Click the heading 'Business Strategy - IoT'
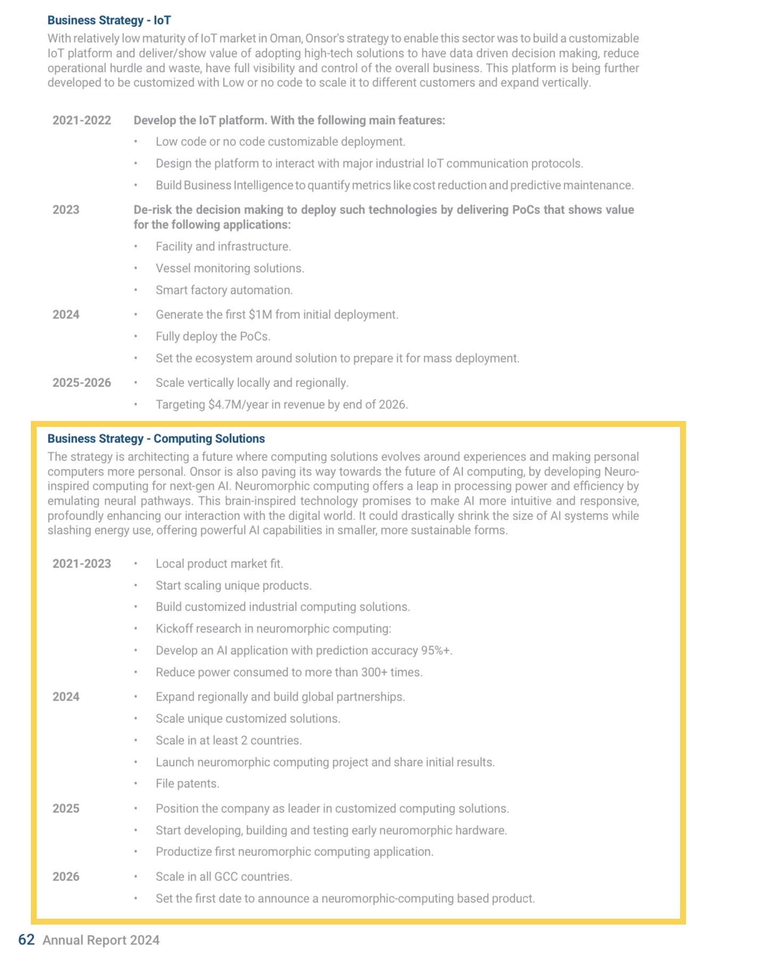tap(109, 21)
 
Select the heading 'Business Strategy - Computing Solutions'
tap(156, 439)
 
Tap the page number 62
tap(26, 940)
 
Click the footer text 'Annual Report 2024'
tap(101, 941)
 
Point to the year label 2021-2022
tap(81, 120)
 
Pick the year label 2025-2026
tap(81, 383)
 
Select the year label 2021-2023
tap(81, 564)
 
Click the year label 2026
tap(65, 877)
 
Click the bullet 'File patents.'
tap(187, 784)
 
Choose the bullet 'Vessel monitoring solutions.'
tap(230, 268)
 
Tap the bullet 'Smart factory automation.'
tap(224, 290)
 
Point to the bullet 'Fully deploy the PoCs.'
tap(213, 336)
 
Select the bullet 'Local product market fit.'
tap(219, 564)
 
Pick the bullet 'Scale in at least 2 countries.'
tap(229, 740)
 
